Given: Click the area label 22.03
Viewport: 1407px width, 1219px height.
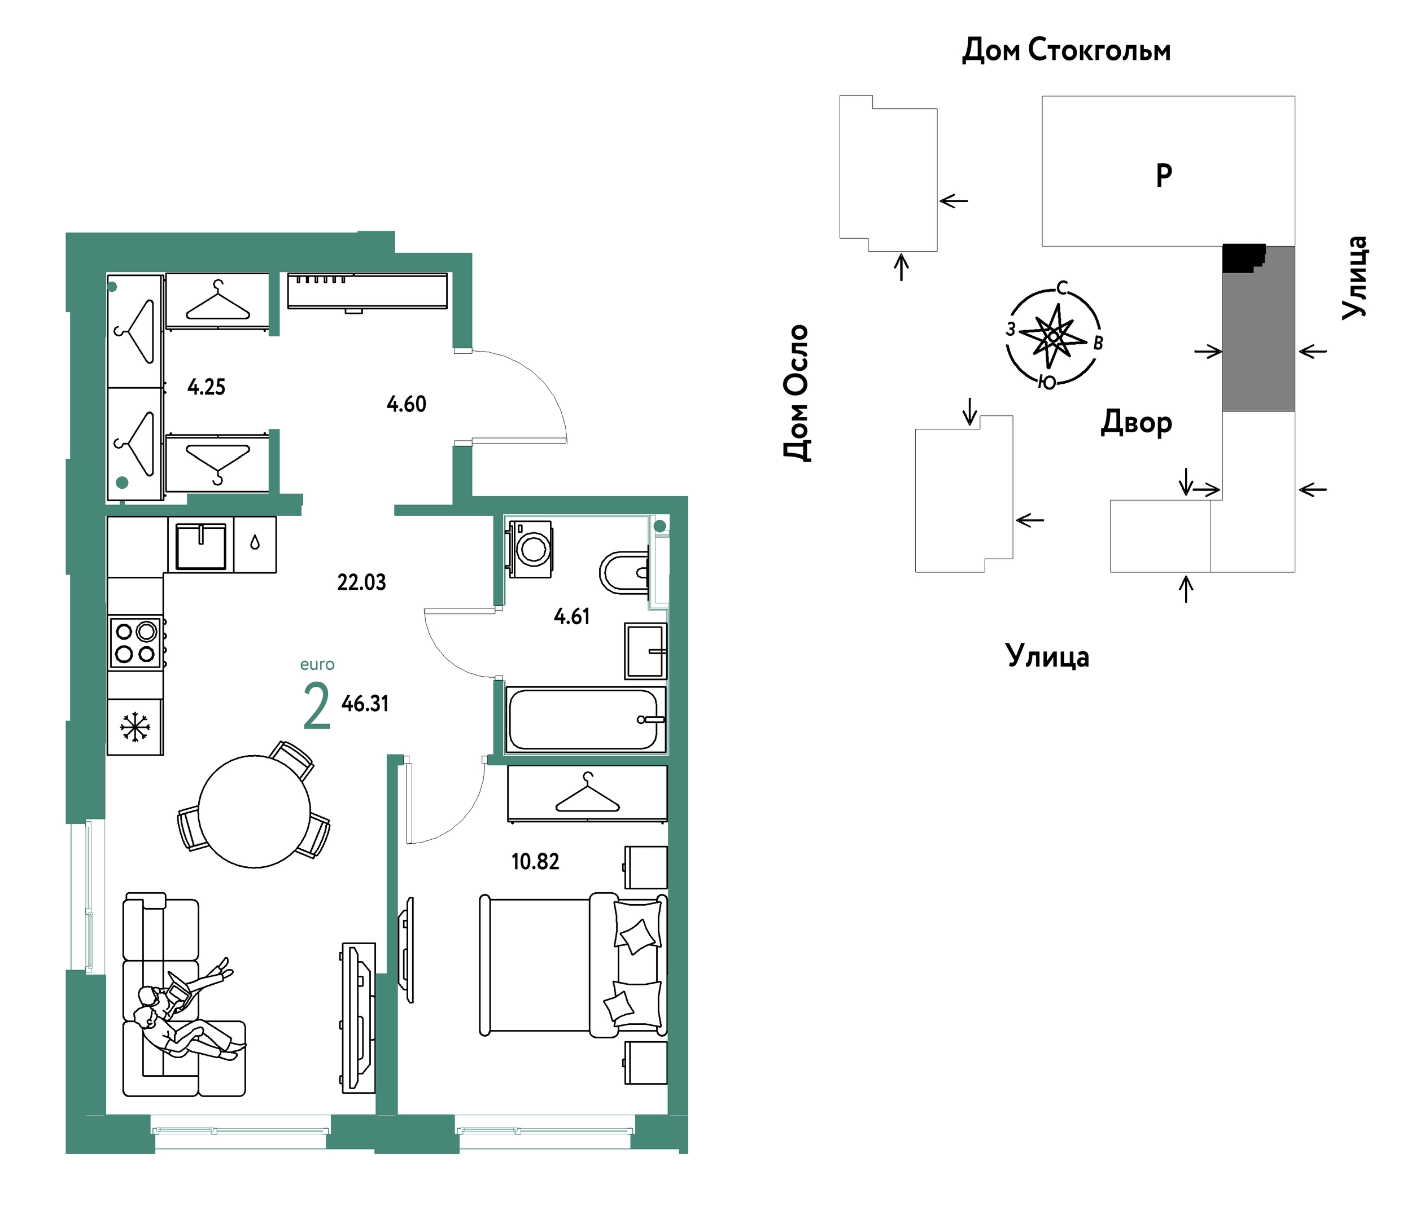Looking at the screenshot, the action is (361, 582).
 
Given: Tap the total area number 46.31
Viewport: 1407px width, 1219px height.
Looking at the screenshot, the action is (365, 703).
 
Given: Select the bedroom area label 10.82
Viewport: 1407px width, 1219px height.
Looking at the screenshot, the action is (535, 862).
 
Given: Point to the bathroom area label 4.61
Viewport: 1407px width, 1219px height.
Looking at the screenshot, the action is (571, 616).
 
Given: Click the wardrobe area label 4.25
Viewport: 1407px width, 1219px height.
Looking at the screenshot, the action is (206, 387).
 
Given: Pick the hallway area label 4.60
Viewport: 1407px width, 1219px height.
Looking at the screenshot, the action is (406, 404).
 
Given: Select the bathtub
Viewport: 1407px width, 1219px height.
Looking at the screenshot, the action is (585, 720).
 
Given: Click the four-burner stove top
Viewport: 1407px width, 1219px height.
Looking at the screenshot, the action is (136, 643).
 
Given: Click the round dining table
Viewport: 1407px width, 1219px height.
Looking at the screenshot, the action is (255, 811).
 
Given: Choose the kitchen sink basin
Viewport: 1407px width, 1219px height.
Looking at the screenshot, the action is (200, 546).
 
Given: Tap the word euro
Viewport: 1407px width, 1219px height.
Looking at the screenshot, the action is (317, 665).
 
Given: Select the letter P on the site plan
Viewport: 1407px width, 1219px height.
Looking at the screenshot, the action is (1164, 176).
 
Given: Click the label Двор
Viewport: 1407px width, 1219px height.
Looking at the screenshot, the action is (1136, 423).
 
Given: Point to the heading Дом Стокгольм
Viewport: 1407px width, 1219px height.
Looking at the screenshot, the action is (1066, 50).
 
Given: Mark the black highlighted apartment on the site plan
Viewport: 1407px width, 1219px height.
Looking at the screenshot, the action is (1242, 258).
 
